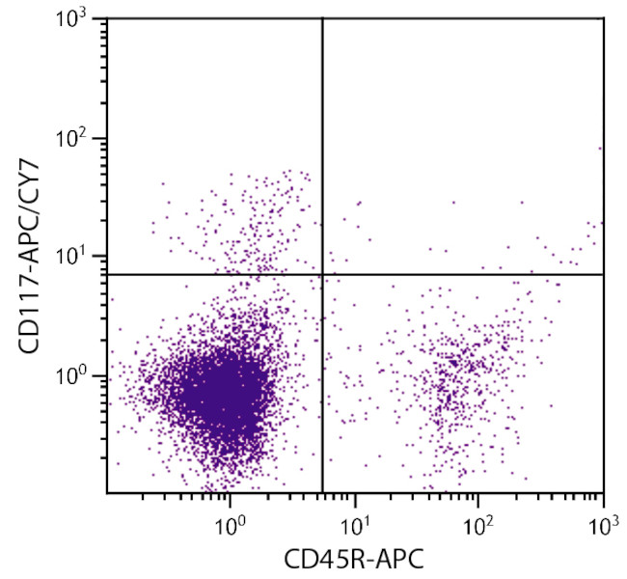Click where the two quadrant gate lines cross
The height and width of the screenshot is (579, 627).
pyautogui.click(x=321, y=275)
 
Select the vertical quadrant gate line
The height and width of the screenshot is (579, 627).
pyautogui.click(x=321, y=145)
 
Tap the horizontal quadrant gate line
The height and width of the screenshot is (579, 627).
pyautogui.click(x=463, y=275)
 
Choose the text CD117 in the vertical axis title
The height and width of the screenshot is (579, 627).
pyautogui.click(x=29, y=317)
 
